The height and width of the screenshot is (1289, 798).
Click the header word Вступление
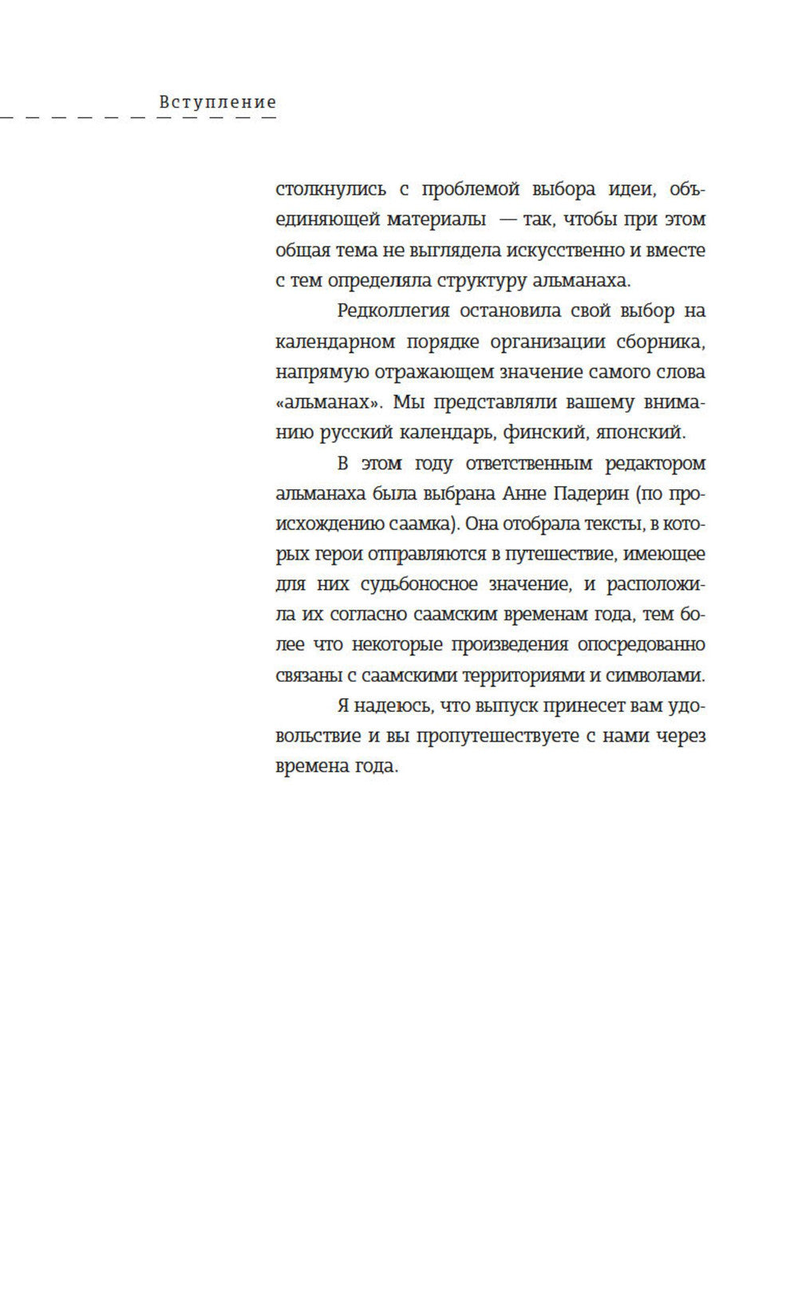[x=218, y=102]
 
